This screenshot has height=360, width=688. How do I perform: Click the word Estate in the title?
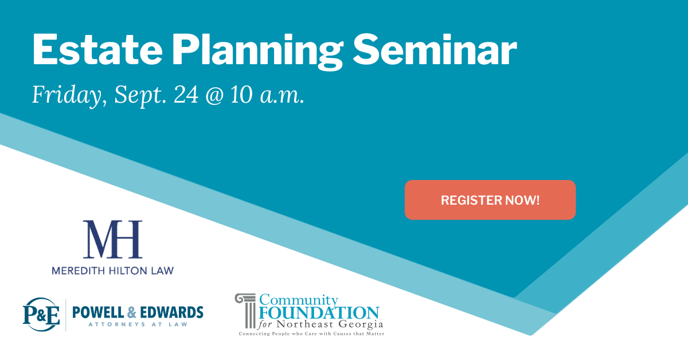97,49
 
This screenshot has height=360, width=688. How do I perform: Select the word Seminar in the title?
435,49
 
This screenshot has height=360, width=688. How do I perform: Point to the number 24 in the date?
186,95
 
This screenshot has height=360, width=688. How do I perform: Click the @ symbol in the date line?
214,95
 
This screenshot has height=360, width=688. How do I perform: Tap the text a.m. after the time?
282,96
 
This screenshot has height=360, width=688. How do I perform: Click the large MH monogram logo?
113,239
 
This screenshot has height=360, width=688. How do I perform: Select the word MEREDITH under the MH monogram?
79,271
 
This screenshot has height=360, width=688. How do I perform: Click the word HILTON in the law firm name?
128,271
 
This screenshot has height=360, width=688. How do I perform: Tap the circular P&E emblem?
41,314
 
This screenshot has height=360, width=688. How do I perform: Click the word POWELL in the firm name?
98,312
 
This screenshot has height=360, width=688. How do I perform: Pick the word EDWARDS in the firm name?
171,312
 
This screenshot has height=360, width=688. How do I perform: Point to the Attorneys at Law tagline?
138,324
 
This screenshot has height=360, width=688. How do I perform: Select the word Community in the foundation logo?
299,300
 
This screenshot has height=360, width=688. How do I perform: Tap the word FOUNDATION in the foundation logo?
319,313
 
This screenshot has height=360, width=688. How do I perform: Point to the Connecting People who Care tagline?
311,334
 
